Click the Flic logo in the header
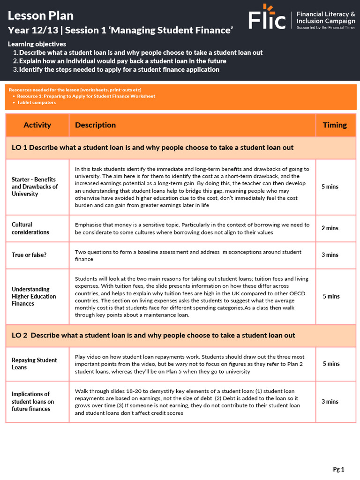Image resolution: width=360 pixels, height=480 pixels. (x=267, y=18)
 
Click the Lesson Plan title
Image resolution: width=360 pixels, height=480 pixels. (x=41, y=15)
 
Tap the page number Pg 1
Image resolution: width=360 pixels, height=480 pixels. (x=338, y=469)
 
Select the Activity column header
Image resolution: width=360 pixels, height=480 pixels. (x=37, y=125)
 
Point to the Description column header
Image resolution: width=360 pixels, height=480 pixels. (x=95, y=125)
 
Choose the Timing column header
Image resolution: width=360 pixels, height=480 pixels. (x=335, y=125)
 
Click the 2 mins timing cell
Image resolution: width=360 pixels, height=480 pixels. (x=330, y=228)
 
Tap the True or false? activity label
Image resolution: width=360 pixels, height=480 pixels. (x=29, y=255)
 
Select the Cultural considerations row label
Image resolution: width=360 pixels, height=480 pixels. (x=30, y=228)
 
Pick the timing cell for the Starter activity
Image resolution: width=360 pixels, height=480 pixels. (x=330, y=187)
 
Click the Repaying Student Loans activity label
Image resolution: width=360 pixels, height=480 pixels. (x=34, y=364)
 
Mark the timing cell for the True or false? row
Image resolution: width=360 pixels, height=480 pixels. (x=330, y=255)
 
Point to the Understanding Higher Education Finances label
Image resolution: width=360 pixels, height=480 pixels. (x=34, y=296)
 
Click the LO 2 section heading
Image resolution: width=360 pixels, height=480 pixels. (x=153, y=336)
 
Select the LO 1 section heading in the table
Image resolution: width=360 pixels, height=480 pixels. (x=152, y=148)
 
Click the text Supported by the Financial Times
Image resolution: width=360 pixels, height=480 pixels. (x=325, y=28)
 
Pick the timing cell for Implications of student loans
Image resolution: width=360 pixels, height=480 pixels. (x=330, y=402)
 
